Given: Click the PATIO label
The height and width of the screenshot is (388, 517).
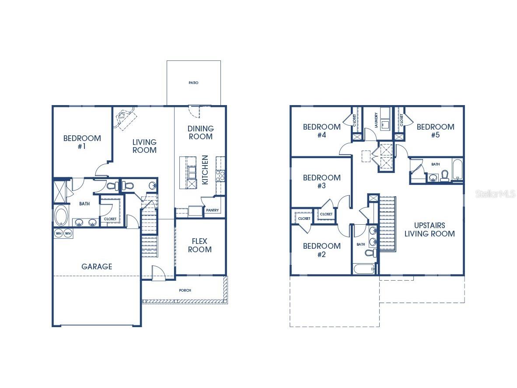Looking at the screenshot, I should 193,83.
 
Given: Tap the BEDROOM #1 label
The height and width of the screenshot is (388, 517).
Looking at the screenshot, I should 82,142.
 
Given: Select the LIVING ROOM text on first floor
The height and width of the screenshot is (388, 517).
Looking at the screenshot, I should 144,146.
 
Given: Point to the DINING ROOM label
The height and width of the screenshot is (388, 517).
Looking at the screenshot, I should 200,133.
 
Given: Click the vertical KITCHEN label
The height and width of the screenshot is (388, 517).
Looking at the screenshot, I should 205,170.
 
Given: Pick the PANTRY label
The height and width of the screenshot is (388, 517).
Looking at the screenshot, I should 212,211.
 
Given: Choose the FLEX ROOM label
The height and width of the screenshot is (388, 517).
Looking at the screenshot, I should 200,246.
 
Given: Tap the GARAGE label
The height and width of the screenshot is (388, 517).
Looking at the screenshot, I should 97,266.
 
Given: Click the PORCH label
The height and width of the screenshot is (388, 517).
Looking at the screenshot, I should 185,290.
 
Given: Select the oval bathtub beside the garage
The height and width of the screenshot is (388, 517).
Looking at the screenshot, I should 61,216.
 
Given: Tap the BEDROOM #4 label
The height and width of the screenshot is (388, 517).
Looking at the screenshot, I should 321,131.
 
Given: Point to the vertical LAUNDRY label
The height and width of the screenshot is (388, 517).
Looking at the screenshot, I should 376,120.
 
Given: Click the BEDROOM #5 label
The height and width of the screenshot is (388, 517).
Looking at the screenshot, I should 435,131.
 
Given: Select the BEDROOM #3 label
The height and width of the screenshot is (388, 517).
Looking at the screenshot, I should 321,182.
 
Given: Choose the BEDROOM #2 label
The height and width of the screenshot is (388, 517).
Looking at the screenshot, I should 321,250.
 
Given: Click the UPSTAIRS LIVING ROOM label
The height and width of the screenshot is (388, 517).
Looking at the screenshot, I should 430,230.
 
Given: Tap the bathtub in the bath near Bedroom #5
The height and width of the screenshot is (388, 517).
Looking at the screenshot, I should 457,171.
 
